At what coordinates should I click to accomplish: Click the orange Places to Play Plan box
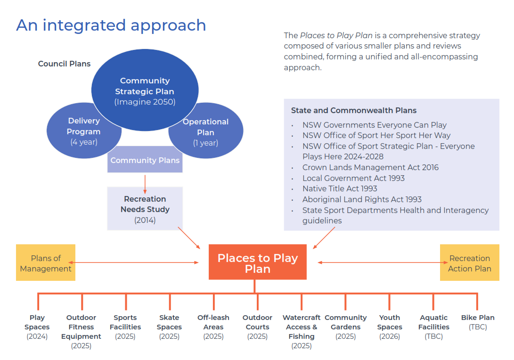[x=257, y=262]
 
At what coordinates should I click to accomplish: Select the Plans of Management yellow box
[x=46, y=263]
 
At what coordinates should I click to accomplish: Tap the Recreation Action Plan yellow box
[x=469, y=263]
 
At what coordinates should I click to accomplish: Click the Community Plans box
[x=145, y=160]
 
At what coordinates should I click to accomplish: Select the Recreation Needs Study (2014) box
[x=145, y=209]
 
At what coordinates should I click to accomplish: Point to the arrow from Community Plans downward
[x=145, y=184]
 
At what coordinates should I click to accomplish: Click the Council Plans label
[x=64, y=64]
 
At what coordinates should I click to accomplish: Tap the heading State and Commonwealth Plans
[x=353, y=111]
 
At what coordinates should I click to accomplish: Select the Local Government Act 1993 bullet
[x=353, y=178]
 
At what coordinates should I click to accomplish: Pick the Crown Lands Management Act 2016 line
[x=370, y=167]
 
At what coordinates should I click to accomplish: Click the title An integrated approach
[x=111, y=25]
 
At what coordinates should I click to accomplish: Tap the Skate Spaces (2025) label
[x=169, y=327]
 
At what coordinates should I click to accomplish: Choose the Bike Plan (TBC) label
[x=478, y=322]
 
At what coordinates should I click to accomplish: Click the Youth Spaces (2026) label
[x=390, y=327]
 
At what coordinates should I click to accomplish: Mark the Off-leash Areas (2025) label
[x=213, y=327]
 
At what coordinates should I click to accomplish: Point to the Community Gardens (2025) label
[x=345, y=327]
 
